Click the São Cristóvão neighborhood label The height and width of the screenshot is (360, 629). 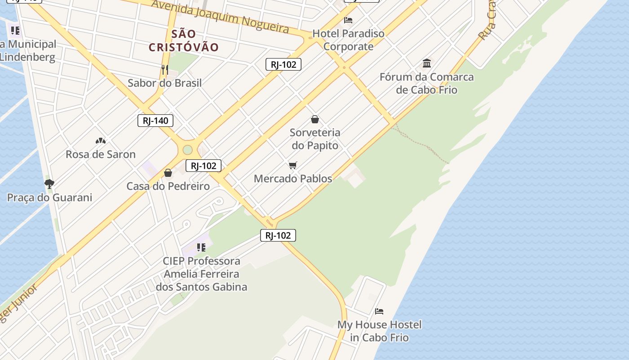(184, 40)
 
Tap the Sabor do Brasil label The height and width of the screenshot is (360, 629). (164, 83)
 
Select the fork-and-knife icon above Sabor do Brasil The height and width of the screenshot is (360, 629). (165, 69)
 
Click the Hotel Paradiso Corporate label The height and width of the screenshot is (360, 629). (348, 40)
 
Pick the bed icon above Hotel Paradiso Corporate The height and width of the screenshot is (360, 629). (348, 20)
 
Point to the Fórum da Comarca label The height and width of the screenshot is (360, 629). (426, 83)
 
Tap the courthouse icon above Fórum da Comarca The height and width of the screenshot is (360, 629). (427, 63)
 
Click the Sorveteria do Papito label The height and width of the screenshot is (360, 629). (315, 139)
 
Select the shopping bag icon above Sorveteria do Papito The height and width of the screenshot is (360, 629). (315, 119)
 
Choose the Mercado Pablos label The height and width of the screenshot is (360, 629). (293, 179)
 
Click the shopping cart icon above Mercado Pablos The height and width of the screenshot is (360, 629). (293, 166)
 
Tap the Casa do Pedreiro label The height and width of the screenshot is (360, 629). (168, 186)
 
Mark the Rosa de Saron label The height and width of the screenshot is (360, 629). (101, 154)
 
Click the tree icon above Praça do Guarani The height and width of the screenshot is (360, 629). (49, 184)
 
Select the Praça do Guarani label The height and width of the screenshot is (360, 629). (49, 198)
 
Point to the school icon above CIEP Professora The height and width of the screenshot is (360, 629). (201, 247)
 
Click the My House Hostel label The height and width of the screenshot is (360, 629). (379, 331)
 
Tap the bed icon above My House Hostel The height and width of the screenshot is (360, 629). (379, 311)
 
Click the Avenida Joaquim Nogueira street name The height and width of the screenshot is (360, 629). (220, 16)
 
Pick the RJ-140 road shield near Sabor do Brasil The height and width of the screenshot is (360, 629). (155, 121)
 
